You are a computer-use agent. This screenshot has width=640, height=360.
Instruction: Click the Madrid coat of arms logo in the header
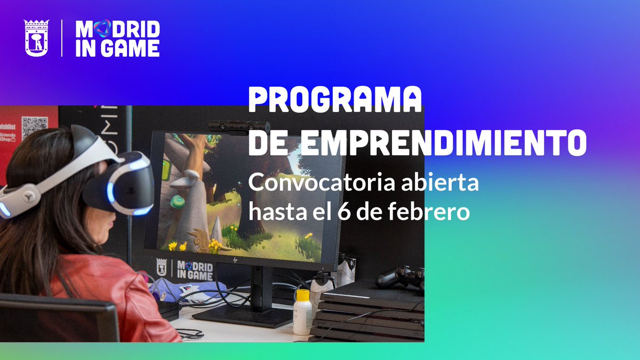pyautogui.click(x=36, y=38)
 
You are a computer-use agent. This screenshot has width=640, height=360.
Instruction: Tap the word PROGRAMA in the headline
pyautogui.click(x=335, y=100)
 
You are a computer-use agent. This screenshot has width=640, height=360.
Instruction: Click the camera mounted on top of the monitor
pyautogui.click(x=239, y=126)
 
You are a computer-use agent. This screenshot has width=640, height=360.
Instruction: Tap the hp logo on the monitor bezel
pyautogui.click(x=235, y=260)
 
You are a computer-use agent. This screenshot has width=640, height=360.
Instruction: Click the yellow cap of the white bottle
pyautogui.click(x=303, y=294)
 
